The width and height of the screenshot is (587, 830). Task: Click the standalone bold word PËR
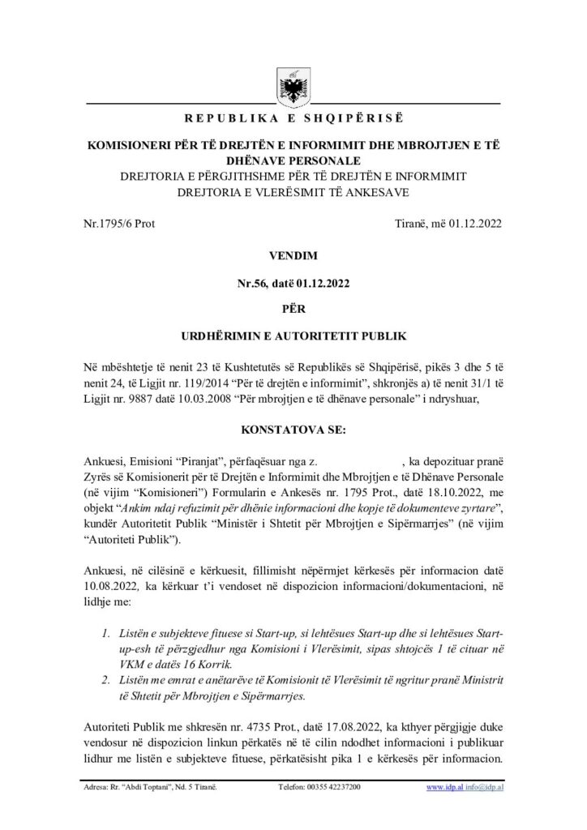tap(293, 309)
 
